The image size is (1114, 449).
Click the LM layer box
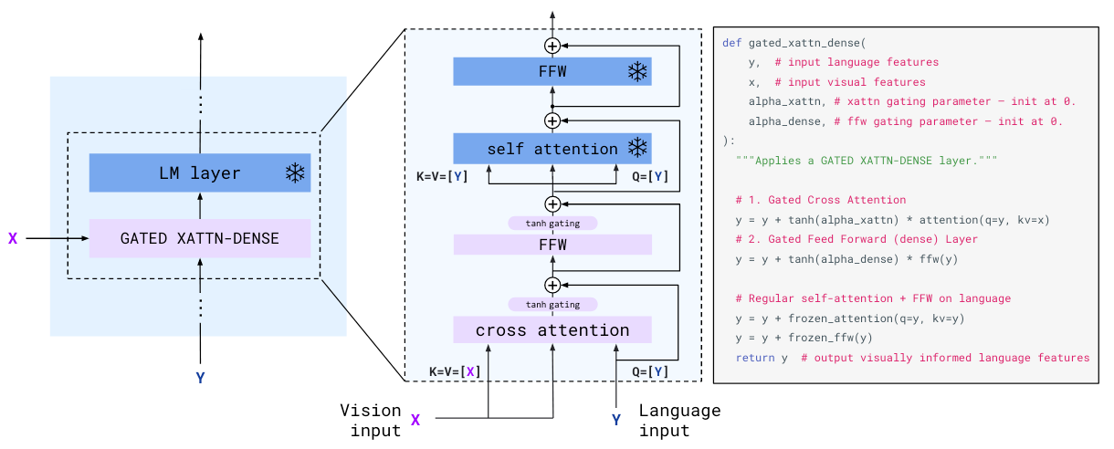pyautogui.click(x=199, y=172)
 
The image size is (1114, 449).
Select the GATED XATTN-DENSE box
pyautogui.click(x=199, y=238)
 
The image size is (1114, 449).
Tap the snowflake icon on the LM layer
pyautogui.click(x=295, y=173)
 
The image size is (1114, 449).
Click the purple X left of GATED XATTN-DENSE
pyautogui.click(x=13, y=239)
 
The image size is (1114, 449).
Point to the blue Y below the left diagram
pyautogui.click(x=200, y=377)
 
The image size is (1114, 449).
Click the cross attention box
pyautogui.click(x=552, y=329)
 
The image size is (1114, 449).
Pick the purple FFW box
pyautogui.click(x=552, y=245)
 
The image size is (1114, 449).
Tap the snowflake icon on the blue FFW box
pyautogui.click(x=636, y=71)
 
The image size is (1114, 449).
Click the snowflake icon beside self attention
pyautogui.click(x=636, y=148)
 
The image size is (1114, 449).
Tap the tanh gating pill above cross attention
pyautogui.click(x=552, y=304)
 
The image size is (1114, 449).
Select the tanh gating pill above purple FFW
pyautogui.click(x=552, y=223)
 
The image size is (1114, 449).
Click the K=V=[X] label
pyautogui.click(x=455, y=371)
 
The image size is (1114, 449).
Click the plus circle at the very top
pyautogui.click(x=552, y=45)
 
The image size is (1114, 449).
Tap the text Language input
pyautogui.click(x=678, y=421)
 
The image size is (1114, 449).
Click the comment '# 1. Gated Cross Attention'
pyautogui.click(x=820, y=200)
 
